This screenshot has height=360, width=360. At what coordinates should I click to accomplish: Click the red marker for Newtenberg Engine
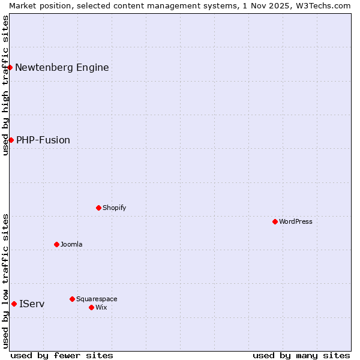pyautogui.click(x=10, y=67)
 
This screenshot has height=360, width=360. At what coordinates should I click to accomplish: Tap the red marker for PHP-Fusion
pyautogui.click(x=11, y=140)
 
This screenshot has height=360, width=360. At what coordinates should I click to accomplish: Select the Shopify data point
pyautogui.click(x=98, y=208)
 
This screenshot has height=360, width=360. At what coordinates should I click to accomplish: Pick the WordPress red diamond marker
pyautogui.click(x=275, y=221)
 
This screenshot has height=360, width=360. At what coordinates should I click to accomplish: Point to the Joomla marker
pyautogui.click(x=56, y=244)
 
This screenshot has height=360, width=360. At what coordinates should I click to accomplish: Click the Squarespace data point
pyautogui.click(x=72, y=299)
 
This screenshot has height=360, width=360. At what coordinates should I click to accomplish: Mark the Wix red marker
pyautogui.click(x=91, y=307)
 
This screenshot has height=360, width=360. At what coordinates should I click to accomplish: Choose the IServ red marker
pyautogui.click(x=14, y=304)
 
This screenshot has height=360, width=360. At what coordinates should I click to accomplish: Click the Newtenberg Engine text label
pyautogui.click(x=62, y=67)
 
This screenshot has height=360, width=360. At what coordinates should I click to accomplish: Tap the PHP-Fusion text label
pyautogui.click(x=43, y=140)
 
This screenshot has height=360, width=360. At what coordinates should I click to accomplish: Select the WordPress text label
pyautogui.click(x=296, y=221)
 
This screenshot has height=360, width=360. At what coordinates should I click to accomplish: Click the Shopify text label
pyautogui.click(x=115, y=208)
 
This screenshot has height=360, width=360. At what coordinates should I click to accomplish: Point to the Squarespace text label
pyautogui.click(x=97, y=299)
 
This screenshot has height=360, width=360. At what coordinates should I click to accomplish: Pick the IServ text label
pyautogui.click(x=32, y=304)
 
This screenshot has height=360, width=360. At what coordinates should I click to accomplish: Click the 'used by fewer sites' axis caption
pyautogui.click(x=62, y=355)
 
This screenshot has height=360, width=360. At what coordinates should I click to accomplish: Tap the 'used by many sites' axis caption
pyautogui.click(x=301, y=355)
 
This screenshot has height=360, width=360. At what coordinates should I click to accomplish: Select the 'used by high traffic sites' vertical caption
pyautogui.click(x=5, y=85)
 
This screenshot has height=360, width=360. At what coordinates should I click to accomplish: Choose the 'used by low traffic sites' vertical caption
pyautogui.click(x=5, y=281)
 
